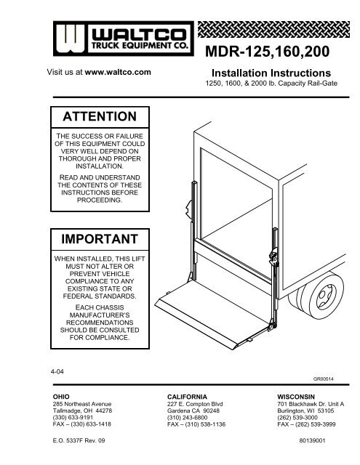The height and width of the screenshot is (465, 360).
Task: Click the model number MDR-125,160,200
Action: (x=270, y=53)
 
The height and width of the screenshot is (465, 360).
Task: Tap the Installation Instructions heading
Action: (x=270, y=73)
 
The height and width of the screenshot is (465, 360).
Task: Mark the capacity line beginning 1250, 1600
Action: (x=270, y=84)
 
